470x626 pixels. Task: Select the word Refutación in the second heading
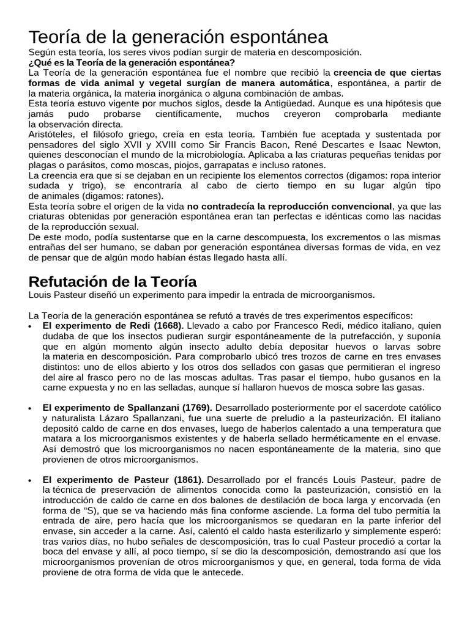pyautogui.click(x=68, y=281)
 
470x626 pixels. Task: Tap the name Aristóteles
pyautogui.click(x=51, y=134)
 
